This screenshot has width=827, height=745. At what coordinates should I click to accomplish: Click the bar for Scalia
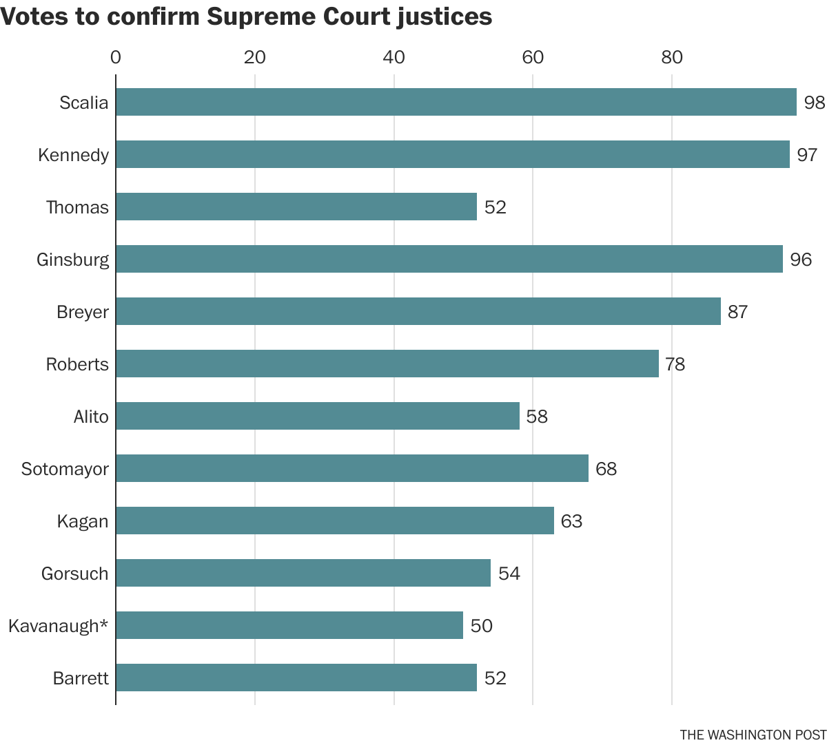point(456,102)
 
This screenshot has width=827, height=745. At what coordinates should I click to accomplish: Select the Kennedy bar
point(452,154)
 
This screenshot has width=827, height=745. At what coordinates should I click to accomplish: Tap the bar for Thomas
point(296,207)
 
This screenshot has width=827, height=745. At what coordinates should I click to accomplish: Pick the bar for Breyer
point(418,311)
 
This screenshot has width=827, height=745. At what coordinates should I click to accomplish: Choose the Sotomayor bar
point(351,468)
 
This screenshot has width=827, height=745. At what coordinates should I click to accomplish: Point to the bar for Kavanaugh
point(289,625)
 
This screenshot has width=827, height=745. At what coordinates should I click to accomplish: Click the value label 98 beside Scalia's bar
point(814,103)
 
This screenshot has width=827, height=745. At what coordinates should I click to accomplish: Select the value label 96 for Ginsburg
point(801,260)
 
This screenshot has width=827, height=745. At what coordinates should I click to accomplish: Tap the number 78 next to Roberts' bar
point(675,364)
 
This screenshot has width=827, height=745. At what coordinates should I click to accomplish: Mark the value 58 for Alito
point(537,417)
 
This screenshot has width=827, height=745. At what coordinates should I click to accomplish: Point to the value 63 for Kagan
point(571,521)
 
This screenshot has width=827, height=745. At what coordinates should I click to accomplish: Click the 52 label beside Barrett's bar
point(495,678)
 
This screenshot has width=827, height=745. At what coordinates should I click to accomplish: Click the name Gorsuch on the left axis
point(74,574)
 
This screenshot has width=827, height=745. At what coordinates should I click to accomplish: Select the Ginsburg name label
point(72,260)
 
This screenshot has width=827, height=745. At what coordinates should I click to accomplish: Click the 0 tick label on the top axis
point(116,57)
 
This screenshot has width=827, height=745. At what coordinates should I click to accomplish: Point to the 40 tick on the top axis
point(394,57)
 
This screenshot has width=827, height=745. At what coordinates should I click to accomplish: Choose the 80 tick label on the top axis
point(672,57)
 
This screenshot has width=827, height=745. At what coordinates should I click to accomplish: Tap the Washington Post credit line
point(753,734)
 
